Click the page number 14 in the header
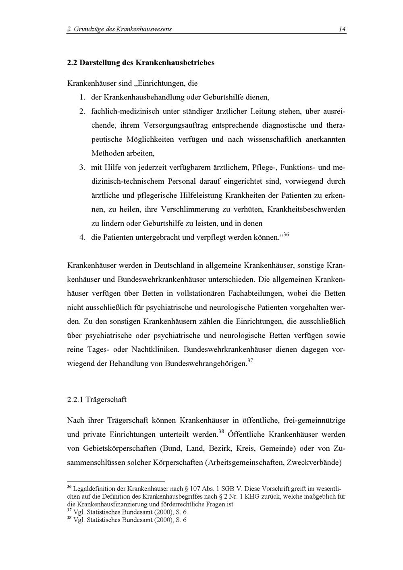tap(342, 29)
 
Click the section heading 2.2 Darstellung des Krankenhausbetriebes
tap(141, 63)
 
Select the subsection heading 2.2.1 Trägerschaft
tap(97, 400)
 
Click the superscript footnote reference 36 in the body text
tap(286, 234)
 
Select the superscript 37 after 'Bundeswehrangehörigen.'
tap(250, 360)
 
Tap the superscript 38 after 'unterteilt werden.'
tap(221, 432)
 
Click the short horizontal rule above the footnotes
tap(116, 481)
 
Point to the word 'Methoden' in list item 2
tap(107, 153)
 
